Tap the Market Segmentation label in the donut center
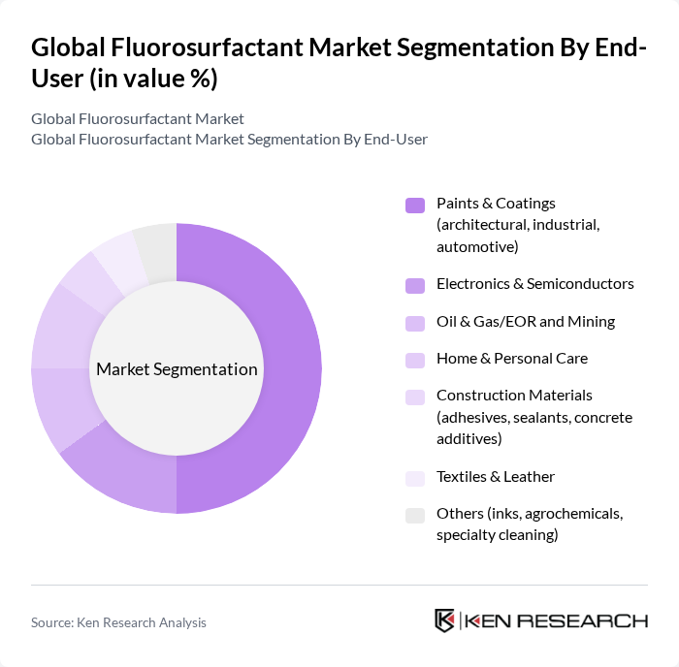click(x=177, y=369)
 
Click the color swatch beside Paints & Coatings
click(x=415, y=205)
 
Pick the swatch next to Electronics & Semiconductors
click(x=415, y=285)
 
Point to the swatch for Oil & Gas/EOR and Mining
click(x=415, y=323)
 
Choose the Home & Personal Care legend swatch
click(x=415, y=360)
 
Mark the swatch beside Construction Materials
click(x=415, y=397)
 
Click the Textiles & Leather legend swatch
click(x=415, y=478)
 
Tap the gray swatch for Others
click(x=415, y=515)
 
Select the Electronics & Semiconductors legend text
click(x=534, y=284)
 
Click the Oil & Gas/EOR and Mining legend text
click(x=525, y=322)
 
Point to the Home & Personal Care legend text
click(x=511, y=359)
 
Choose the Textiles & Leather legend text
click(x=495, y=477)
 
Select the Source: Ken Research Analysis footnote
click(x=118, y=622)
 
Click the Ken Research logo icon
click(x=444, y=621)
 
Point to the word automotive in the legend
click(x=476, y=246)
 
